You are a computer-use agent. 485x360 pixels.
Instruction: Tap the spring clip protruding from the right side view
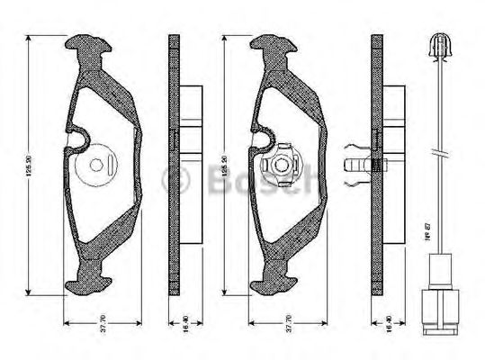360,165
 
